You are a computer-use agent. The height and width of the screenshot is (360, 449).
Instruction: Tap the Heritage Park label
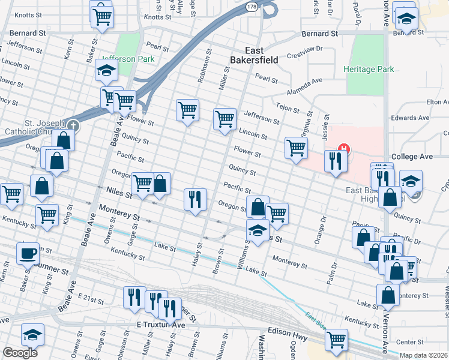[x=369, y=69]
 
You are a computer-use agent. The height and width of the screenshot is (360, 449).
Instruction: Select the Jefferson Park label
[x=127, y=59]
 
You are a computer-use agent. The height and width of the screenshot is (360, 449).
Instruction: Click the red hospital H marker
[x=345, y=148]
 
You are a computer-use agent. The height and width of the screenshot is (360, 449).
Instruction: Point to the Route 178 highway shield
[x=251, y=6]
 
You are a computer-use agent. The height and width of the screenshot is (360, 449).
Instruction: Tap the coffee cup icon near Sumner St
[x=28, y=253]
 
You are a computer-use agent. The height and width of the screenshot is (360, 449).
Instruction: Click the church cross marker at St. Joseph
[x=73, y=126]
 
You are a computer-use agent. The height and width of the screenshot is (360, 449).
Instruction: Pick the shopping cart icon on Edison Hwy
[x=336, y=339]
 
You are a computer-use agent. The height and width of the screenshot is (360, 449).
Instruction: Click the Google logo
[x=20, y=353]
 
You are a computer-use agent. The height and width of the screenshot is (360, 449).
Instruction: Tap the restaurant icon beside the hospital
[x=334, y=160]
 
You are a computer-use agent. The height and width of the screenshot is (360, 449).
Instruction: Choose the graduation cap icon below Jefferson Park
[x=106, y=70]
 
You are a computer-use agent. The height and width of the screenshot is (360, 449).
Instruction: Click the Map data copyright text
[x=424, y=355]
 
